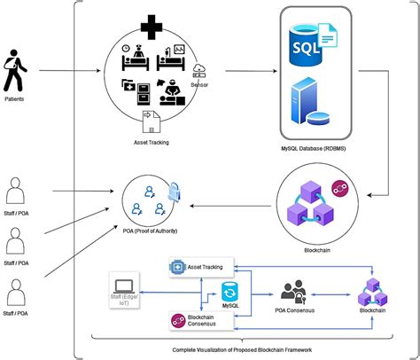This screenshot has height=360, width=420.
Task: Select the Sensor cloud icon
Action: pos(201,71)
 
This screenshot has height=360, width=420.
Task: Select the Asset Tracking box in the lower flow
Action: pos(205,265)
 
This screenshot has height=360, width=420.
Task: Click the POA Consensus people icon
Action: pos(295,292)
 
